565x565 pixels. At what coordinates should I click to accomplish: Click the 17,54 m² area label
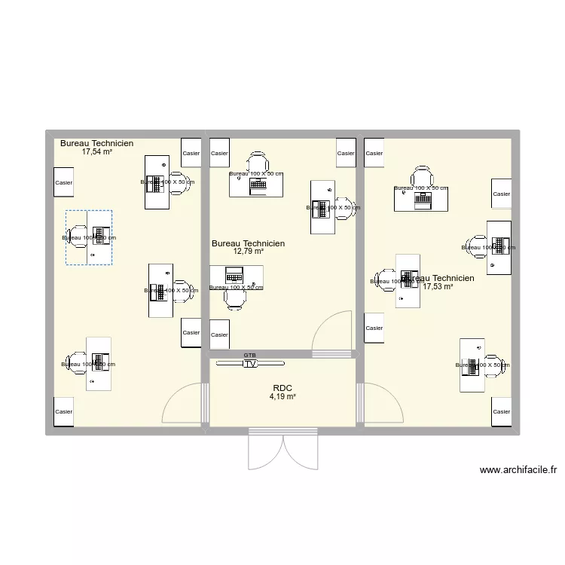[x=96, y=151]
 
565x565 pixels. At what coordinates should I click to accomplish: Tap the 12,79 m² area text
[x=248, y=252]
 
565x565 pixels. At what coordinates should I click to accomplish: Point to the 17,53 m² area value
[x=438, y=286]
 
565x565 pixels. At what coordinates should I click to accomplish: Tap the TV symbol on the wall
[x=249, y=363]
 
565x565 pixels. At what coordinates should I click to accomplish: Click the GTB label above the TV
[x=249, y=355]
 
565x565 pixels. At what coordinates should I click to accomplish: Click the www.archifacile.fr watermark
[x=518, y=470]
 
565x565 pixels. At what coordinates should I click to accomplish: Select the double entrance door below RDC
[x=282, y=450]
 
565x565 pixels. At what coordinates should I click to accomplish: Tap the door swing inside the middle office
[x=333, y=331]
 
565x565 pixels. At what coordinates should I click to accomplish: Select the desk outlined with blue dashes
[x=88, y=237]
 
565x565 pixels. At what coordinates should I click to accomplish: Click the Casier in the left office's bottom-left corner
[x=64, y=411]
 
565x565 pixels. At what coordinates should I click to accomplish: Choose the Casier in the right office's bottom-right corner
[x=501, y=411]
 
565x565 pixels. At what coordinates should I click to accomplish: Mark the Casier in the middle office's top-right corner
[x=346, y=153]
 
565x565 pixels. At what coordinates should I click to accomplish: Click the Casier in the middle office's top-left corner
[x=219, y=153]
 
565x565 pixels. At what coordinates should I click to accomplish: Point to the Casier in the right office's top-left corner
[x=374, y=153]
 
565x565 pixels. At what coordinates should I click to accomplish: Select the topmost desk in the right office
[x=421, y=198]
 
